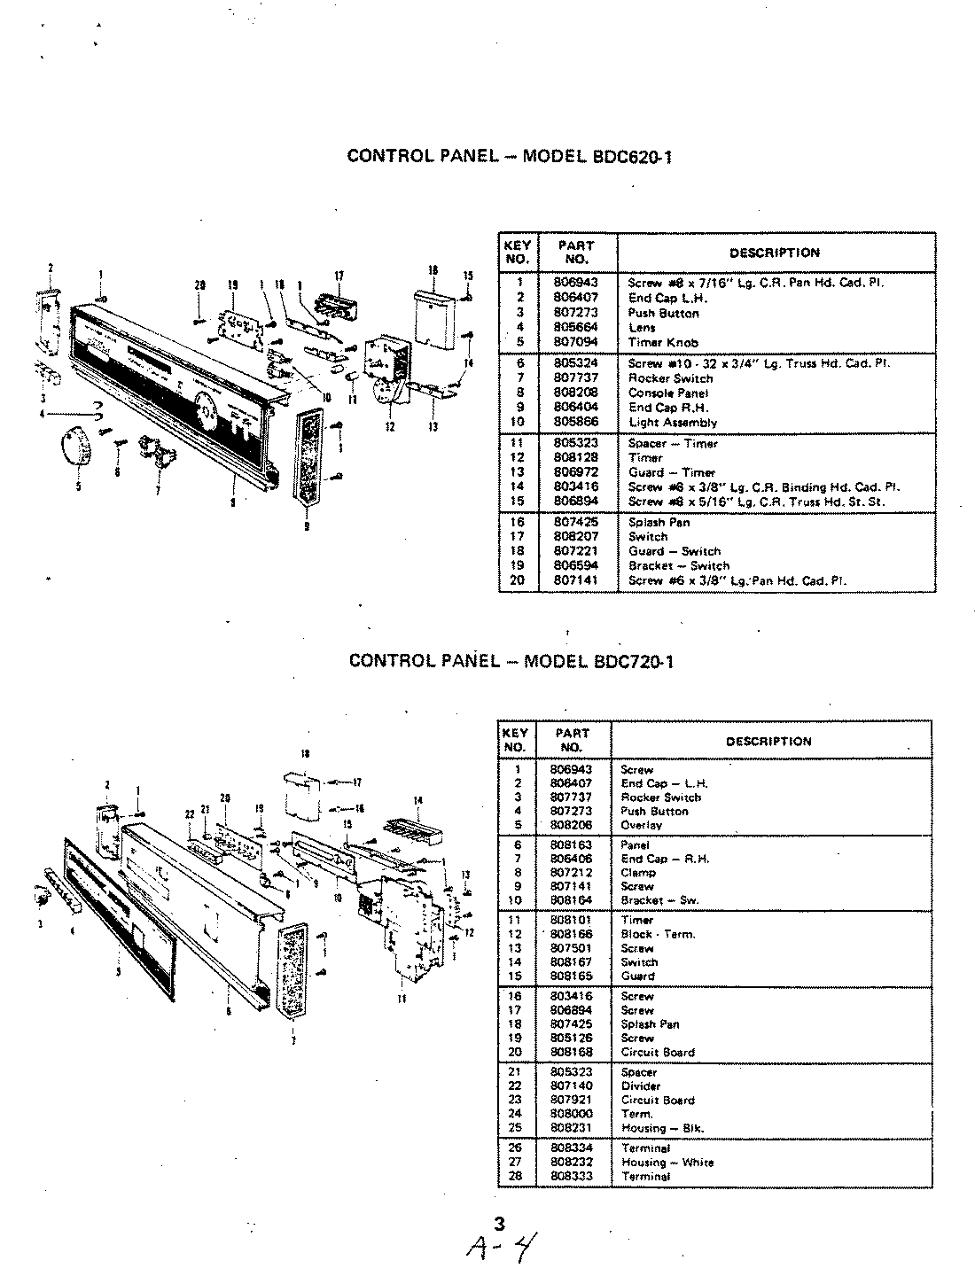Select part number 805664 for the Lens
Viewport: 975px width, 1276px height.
[573, 328]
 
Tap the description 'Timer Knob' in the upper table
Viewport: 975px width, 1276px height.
[663, 342]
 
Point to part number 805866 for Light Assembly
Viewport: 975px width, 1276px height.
[573, 423]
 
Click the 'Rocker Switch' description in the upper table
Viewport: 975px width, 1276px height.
[670, 378]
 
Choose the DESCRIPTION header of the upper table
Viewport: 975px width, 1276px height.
[775, 253]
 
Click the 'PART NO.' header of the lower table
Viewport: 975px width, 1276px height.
[572, 740]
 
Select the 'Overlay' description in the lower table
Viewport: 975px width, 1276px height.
[642, 825]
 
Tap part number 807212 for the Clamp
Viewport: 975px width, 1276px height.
[571, 873]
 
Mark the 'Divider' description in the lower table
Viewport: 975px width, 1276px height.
[641, 1085]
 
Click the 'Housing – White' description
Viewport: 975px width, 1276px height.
[667, 1163]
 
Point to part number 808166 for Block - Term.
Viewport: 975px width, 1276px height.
[571, 934]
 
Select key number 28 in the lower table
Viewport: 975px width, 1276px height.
[519, 1177]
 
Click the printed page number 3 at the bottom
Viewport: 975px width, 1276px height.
[499, 1225]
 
